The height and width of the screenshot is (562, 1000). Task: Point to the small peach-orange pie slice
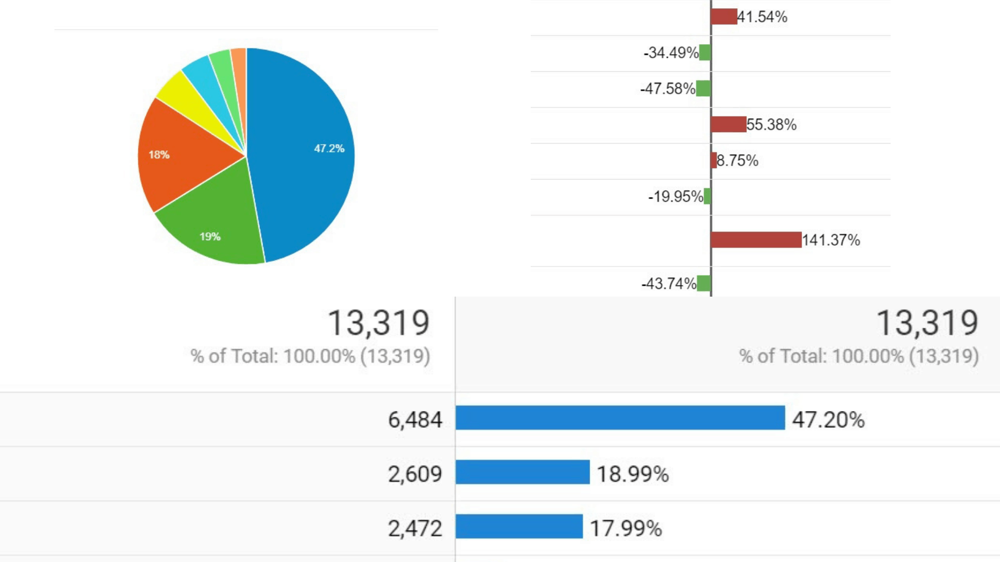click(x=239, y=68)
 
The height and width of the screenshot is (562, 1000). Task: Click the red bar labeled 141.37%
click(x=756, y=240)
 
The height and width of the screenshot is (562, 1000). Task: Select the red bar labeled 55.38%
click(x=728, y=124)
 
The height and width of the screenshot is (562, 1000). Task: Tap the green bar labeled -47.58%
click(x=703, y=88)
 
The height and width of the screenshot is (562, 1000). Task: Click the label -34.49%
click(x=671, y=53)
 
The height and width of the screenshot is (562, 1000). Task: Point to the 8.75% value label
click(x=737, y=160)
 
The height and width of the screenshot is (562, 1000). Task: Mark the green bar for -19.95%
click(x=707, y=196)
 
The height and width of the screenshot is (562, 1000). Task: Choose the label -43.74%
click(x=669, y=284)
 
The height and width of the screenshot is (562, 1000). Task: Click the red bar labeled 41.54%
click(x=724, y=17)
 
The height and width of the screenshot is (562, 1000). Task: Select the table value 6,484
click(x=415, y=419)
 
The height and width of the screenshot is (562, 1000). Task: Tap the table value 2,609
click(x=415, y=474)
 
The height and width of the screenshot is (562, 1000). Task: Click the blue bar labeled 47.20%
click(x=620, y=418)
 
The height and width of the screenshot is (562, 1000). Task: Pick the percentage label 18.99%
click(x=632, y=474)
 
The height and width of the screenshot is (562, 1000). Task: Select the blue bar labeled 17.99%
click(x=519, y=526)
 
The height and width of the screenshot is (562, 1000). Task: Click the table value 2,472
click(x=415, y=528)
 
